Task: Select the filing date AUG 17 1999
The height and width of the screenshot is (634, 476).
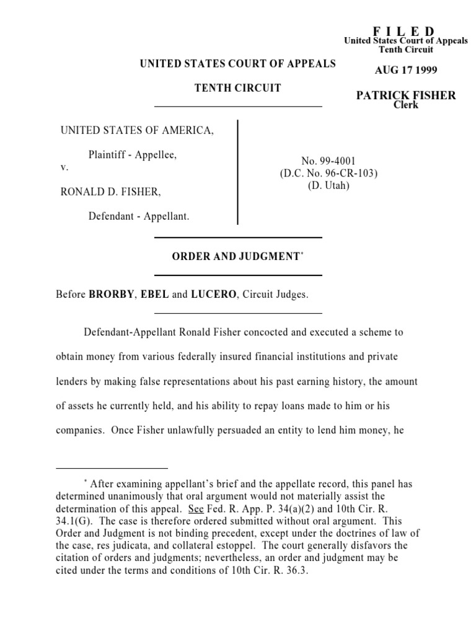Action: [x=406, y=71]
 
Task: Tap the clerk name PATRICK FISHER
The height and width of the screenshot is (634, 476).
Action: [x=406, y=95]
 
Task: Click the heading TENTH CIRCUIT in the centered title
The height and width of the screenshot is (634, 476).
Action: [x=238, y=88]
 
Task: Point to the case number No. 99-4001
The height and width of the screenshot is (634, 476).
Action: [x=328, y=161]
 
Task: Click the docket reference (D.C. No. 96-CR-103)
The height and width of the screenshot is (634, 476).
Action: [x=328, y=173]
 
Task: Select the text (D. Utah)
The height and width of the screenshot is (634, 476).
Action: [x=328, y=186]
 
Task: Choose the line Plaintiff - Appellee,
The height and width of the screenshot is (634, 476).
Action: [x=133, y=155]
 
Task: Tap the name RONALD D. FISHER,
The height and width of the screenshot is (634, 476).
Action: [x=110, y=192]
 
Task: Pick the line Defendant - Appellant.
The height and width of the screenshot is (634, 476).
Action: [x=139, y=217]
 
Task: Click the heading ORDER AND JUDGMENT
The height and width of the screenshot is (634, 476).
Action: [x=236, y=256]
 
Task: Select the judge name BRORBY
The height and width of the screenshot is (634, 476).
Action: [x=111, y=295]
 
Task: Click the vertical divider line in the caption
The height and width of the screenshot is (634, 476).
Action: [x=238, y=173]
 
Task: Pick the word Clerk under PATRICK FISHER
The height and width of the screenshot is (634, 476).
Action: [x=406, y=105]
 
